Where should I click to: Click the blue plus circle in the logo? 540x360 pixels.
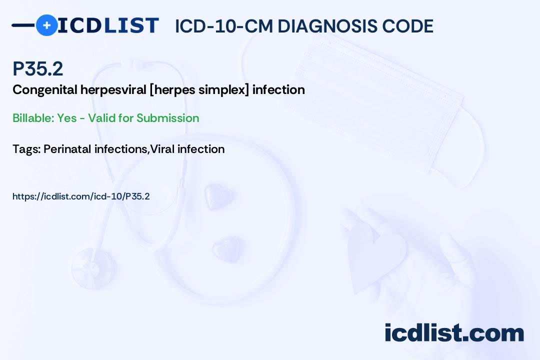46,25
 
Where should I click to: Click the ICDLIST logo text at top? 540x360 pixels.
108,25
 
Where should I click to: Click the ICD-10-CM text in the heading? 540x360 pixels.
224,26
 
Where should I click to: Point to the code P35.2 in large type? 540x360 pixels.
38,69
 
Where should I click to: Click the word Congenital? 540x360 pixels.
44,90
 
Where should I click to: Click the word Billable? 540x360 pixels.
32,118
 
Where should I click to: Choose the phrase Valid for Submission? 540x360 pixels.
142,118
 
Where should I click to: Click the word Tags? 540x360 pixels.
26,149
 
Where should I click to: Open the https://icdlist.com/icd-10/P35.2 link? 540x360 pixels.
81,196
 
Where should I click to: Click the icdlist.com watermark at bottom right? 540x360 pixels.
454,333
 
